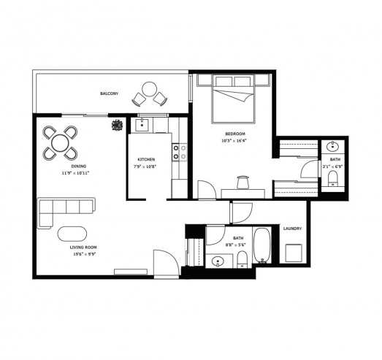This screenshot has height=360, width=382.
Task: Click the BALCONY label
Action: click(x=110, y=93)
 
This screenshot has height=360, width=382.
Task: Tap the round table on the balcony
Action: click(x=149, y=89)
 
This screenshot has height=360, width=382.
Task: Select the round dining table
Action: click(x=60, y=143)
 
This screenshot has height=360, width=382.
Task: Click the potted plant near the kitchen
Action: click(x=117, y=125)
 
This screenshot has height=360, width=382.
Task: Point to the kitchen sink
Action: click(x=142, y=124)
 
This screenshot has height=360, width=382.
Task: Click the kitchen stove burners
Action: click(x=180, y=152)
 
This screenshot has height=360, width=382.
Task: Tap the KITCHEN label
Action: click(x=146, y=159)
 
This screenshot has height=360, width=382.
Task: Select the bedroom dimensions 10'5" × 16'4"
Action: click(x=235, y=140)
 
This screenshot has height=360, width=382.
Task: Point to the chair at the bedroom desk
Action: click(x=242, y=183)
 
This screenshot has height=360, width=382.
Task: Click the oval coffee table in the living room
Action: click(x=72, y=234)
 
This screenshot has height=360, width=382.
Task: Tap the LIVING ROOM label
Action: click(x=83, y=248)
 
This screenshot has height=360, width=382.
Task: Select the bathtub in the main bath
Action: click(x=262, y=245)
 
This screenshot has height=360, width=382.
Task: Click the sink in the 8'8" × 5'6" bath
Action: click(x=218, y=261)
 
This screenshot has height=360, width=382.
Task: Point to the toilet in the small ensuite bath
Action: click(x=332, y=178)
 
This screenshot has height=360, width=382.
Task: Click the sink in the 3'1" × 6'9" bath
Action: click(x=333, y=146)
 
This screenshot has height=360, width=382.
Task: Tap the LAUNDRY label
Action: click(x=292, y=229)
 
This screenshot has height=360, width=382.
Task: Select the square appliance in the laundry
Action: click(x=294, y=253)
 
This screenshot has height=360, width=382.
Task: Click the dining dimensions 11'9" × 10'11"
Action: click(x=75, y=173)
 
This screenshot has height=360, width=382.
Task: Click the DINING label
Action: click(x=78, y=166)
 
